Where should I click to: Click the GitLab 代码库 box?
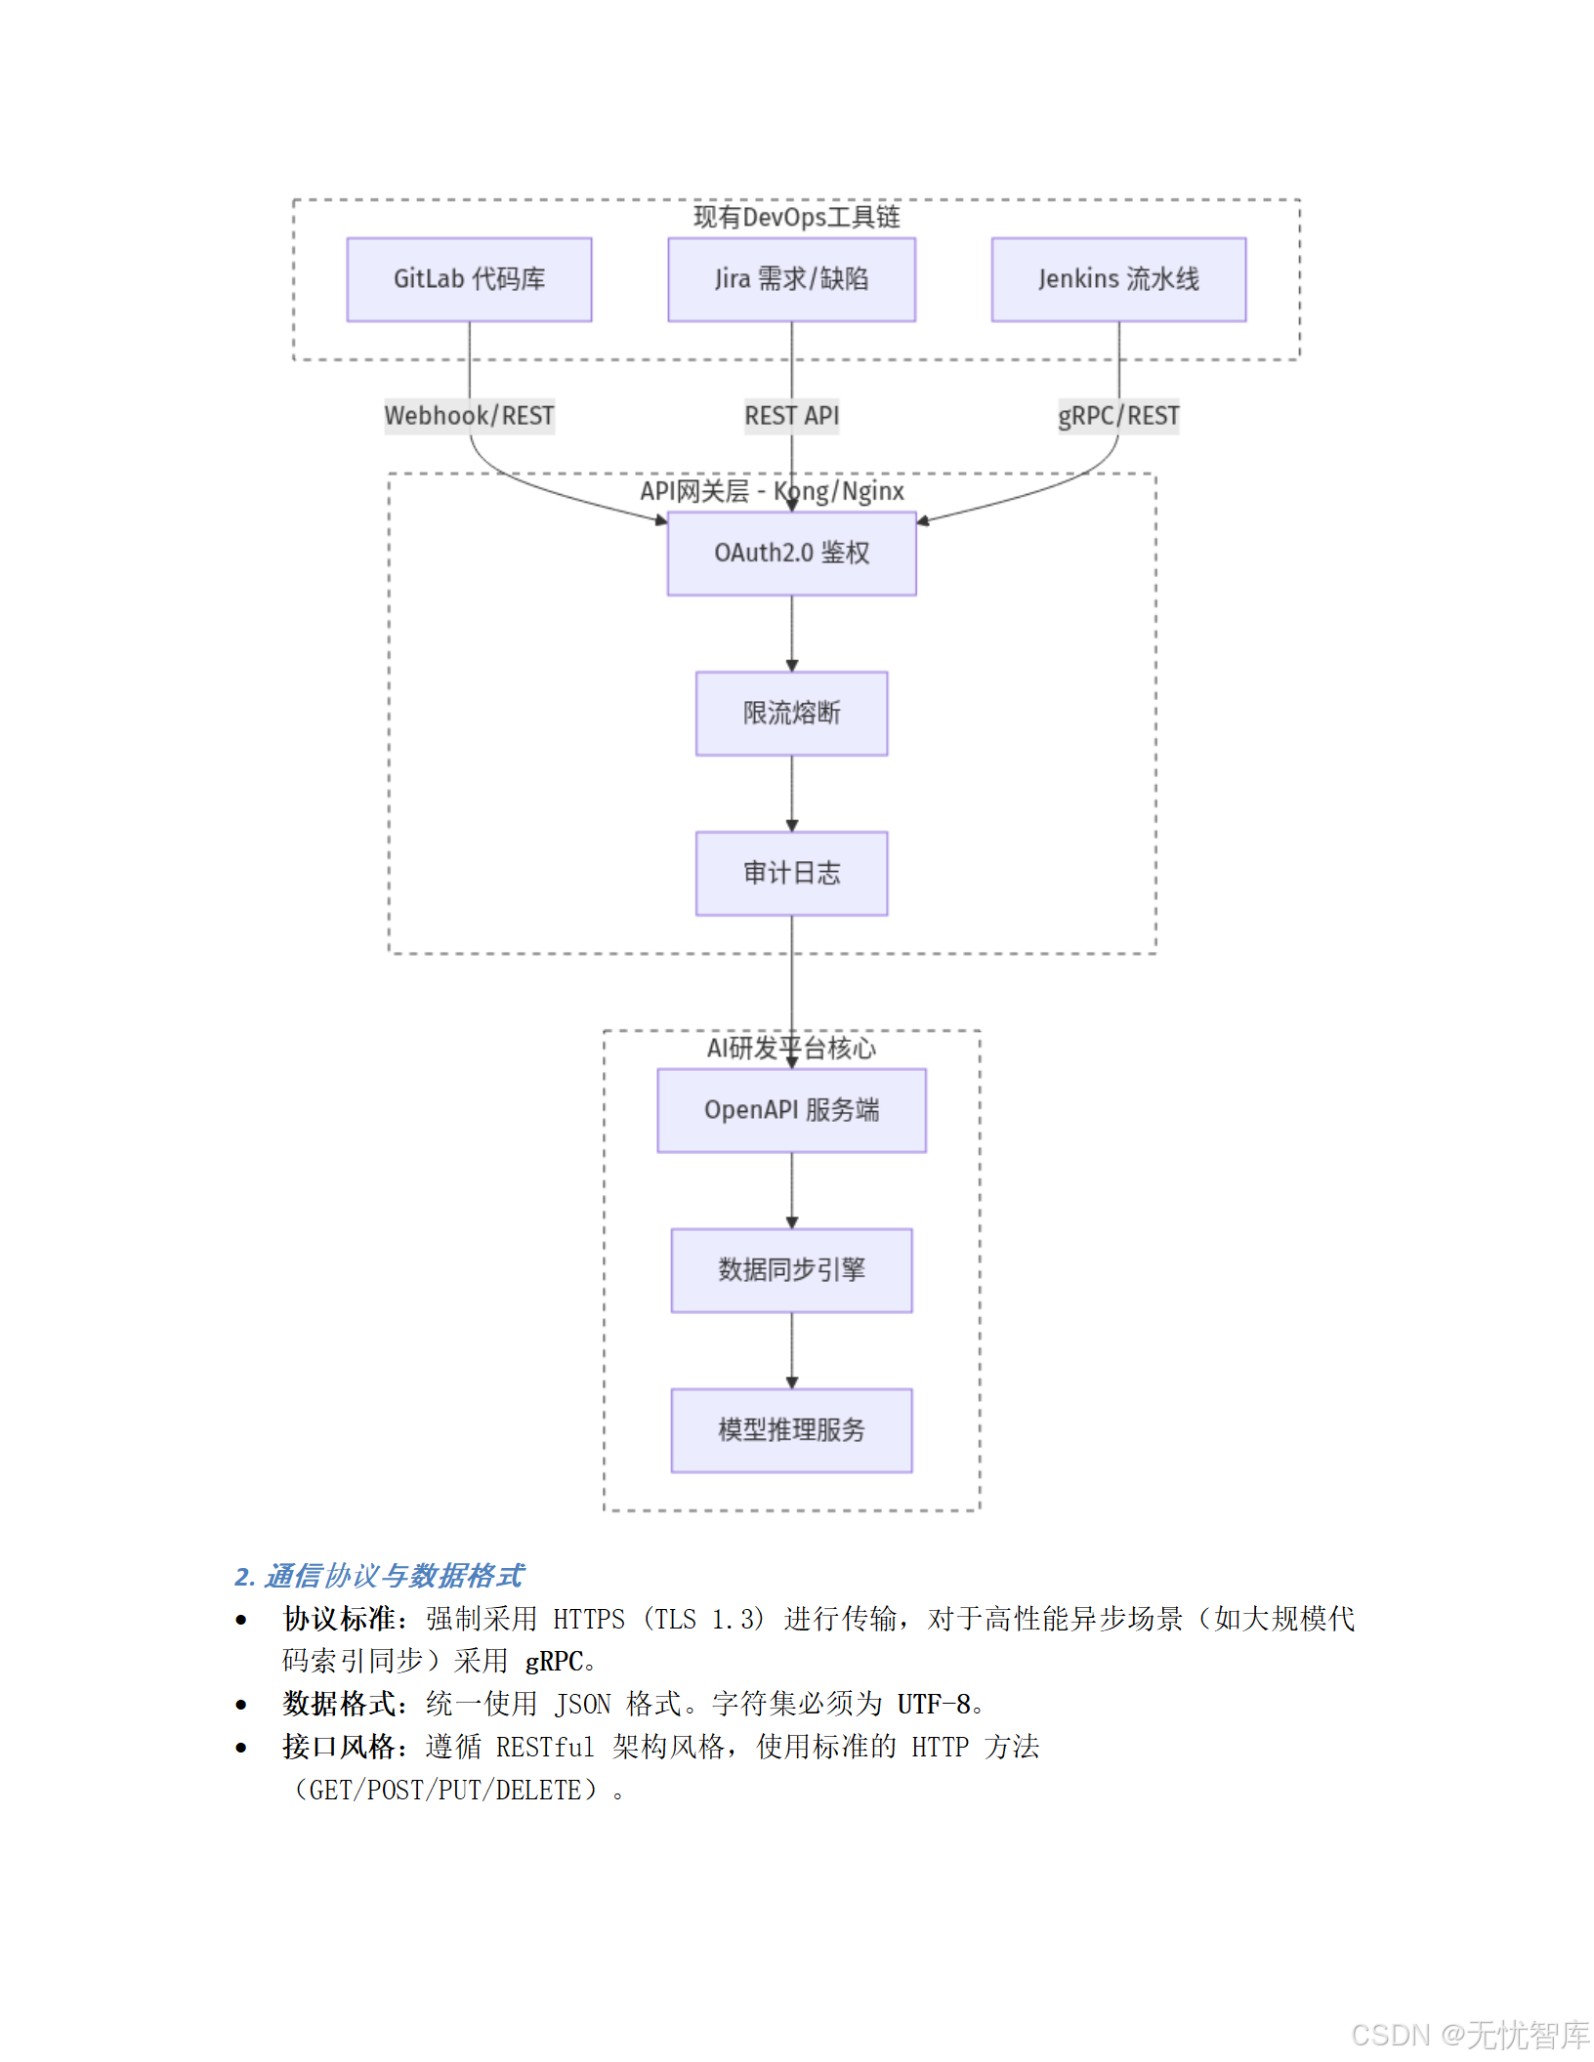[x=469, y=279]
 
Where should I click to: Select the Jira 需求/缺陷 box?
[x=791, y=279]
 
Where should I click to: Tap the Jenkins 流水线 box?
[x=1118, y=279]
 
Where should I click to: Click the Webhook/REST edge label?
[x=469, y=416]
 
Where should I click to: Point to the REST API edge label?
[x=791, y=416]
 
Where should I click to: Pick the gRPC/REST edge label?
[x=1118, y=416]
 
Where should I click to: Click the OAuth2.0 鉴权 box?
[x=791, y=554]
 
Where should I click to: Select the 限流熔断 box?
[x=791, y=714]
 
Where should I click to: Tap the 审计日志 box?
[x=791, y=873]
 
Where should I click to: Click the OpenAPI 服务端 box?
[x=791, y=1110]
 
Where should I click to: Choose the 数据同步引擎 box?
[x=791, y=1270]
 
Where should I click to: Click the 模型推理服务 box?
[x=791, y=1430]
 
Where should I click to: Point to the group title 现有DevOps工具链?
[x=796, y=217]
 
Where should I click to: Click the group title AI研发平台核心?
[x=791, y=1049]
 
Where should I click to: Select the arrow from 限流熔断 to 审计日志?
[x=792, y=793]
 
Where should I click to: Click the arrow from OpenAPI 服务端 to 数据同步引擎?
[x=792, y=1190]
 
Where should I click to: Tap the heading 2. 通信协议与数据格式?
[x=379, y=1576]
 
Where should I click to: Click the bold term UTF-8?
[x=934, y=1705]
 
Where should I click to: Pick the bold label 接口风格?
[x=338, y=1747]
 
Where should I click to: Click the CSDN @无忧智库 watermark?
[x=1470, y=2035]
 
